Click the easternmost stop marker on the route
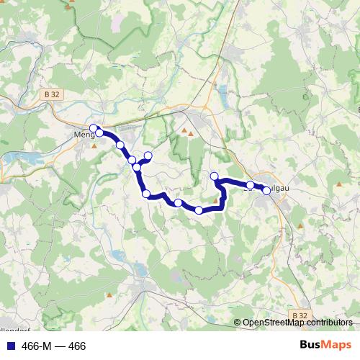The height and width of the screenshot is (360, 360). tap(266, 191)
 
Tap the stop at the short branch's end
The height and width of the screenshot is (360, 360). tap(148, 156)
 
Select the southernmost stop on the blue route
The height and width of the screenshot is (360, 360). tap(199, 210)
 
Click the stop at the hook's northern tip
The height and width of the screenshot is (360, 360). tap(214, 176)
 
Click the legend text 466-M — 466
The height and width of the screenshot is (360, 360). tap(54, 346)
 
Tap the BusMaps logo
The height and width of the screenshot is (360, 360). tap(326, 346)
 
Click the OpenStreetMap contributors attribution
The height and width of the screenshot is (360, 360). tap(297, 323)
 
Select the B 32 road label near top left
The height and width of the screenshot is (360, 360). tap(50, 93)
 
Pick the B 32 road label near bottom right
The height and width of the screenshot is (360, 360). tap(300, 315)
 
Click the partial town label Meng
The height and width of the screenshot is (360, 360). tap(84, 134)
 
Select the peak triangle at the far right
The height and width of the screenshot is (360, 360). tap(339, 184)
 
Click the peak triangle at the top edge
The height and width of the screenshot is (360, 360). tap(70, 6)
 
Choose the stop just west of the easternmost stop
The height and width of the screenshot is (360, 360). tap(250, 185)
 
